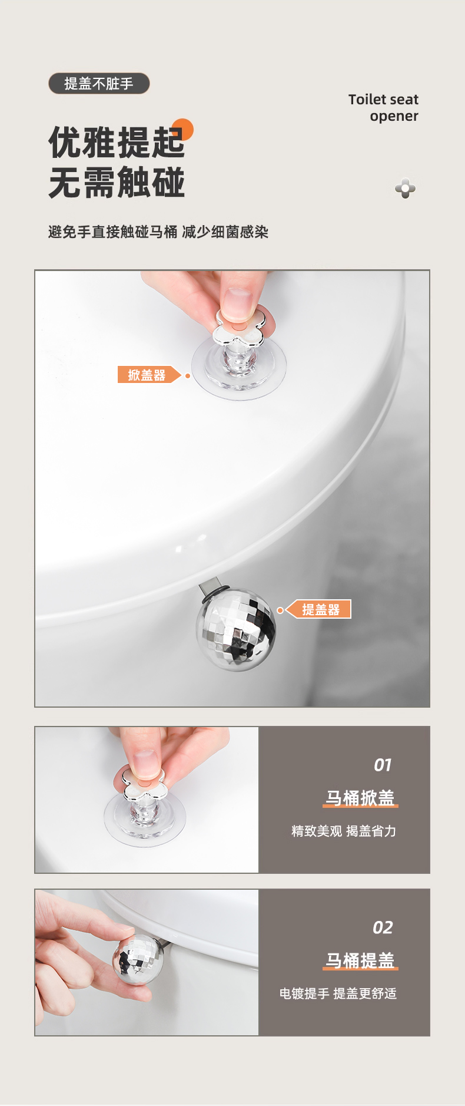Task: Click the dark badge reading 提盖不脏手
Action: click(99, 84)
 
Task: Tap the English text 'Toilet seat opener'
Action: click(383, 108)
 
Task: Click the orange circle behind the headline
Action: click(183, 130)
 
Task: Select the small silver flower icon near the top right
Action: click(405, 189)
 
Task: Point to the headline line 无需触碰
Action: click(117, 183)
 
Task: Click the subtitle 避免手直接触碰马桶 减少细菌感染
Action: click(158, 232)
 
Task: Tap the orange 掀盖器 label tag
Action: click(149, 375)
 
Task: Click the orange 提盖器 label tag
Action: click(318, 609)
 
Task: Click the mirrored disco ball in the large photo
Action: click(236, 630)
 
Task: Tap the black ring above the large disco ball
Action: click(214, 592)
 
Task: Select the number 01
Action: click(383, 765)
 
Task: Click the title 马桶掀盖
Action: click(360, 798)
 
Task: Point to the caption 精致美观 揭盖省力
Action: click(344, 831)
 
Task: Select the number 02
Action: click(383, 927)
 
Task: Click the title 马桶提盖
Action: click(360, 960)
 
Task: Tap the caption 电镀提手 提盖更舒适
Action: click(338, 993)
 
